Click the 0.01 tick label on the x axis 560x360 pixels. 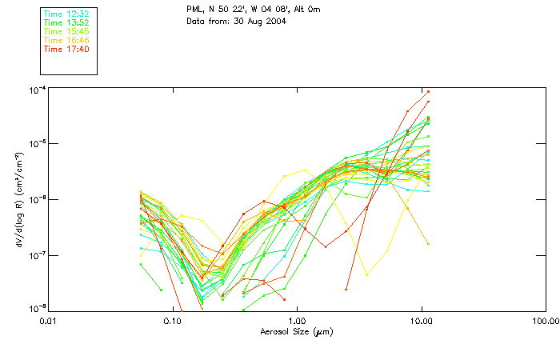coord(48,320)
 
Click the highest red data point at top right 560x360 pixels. coord(429,91)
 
